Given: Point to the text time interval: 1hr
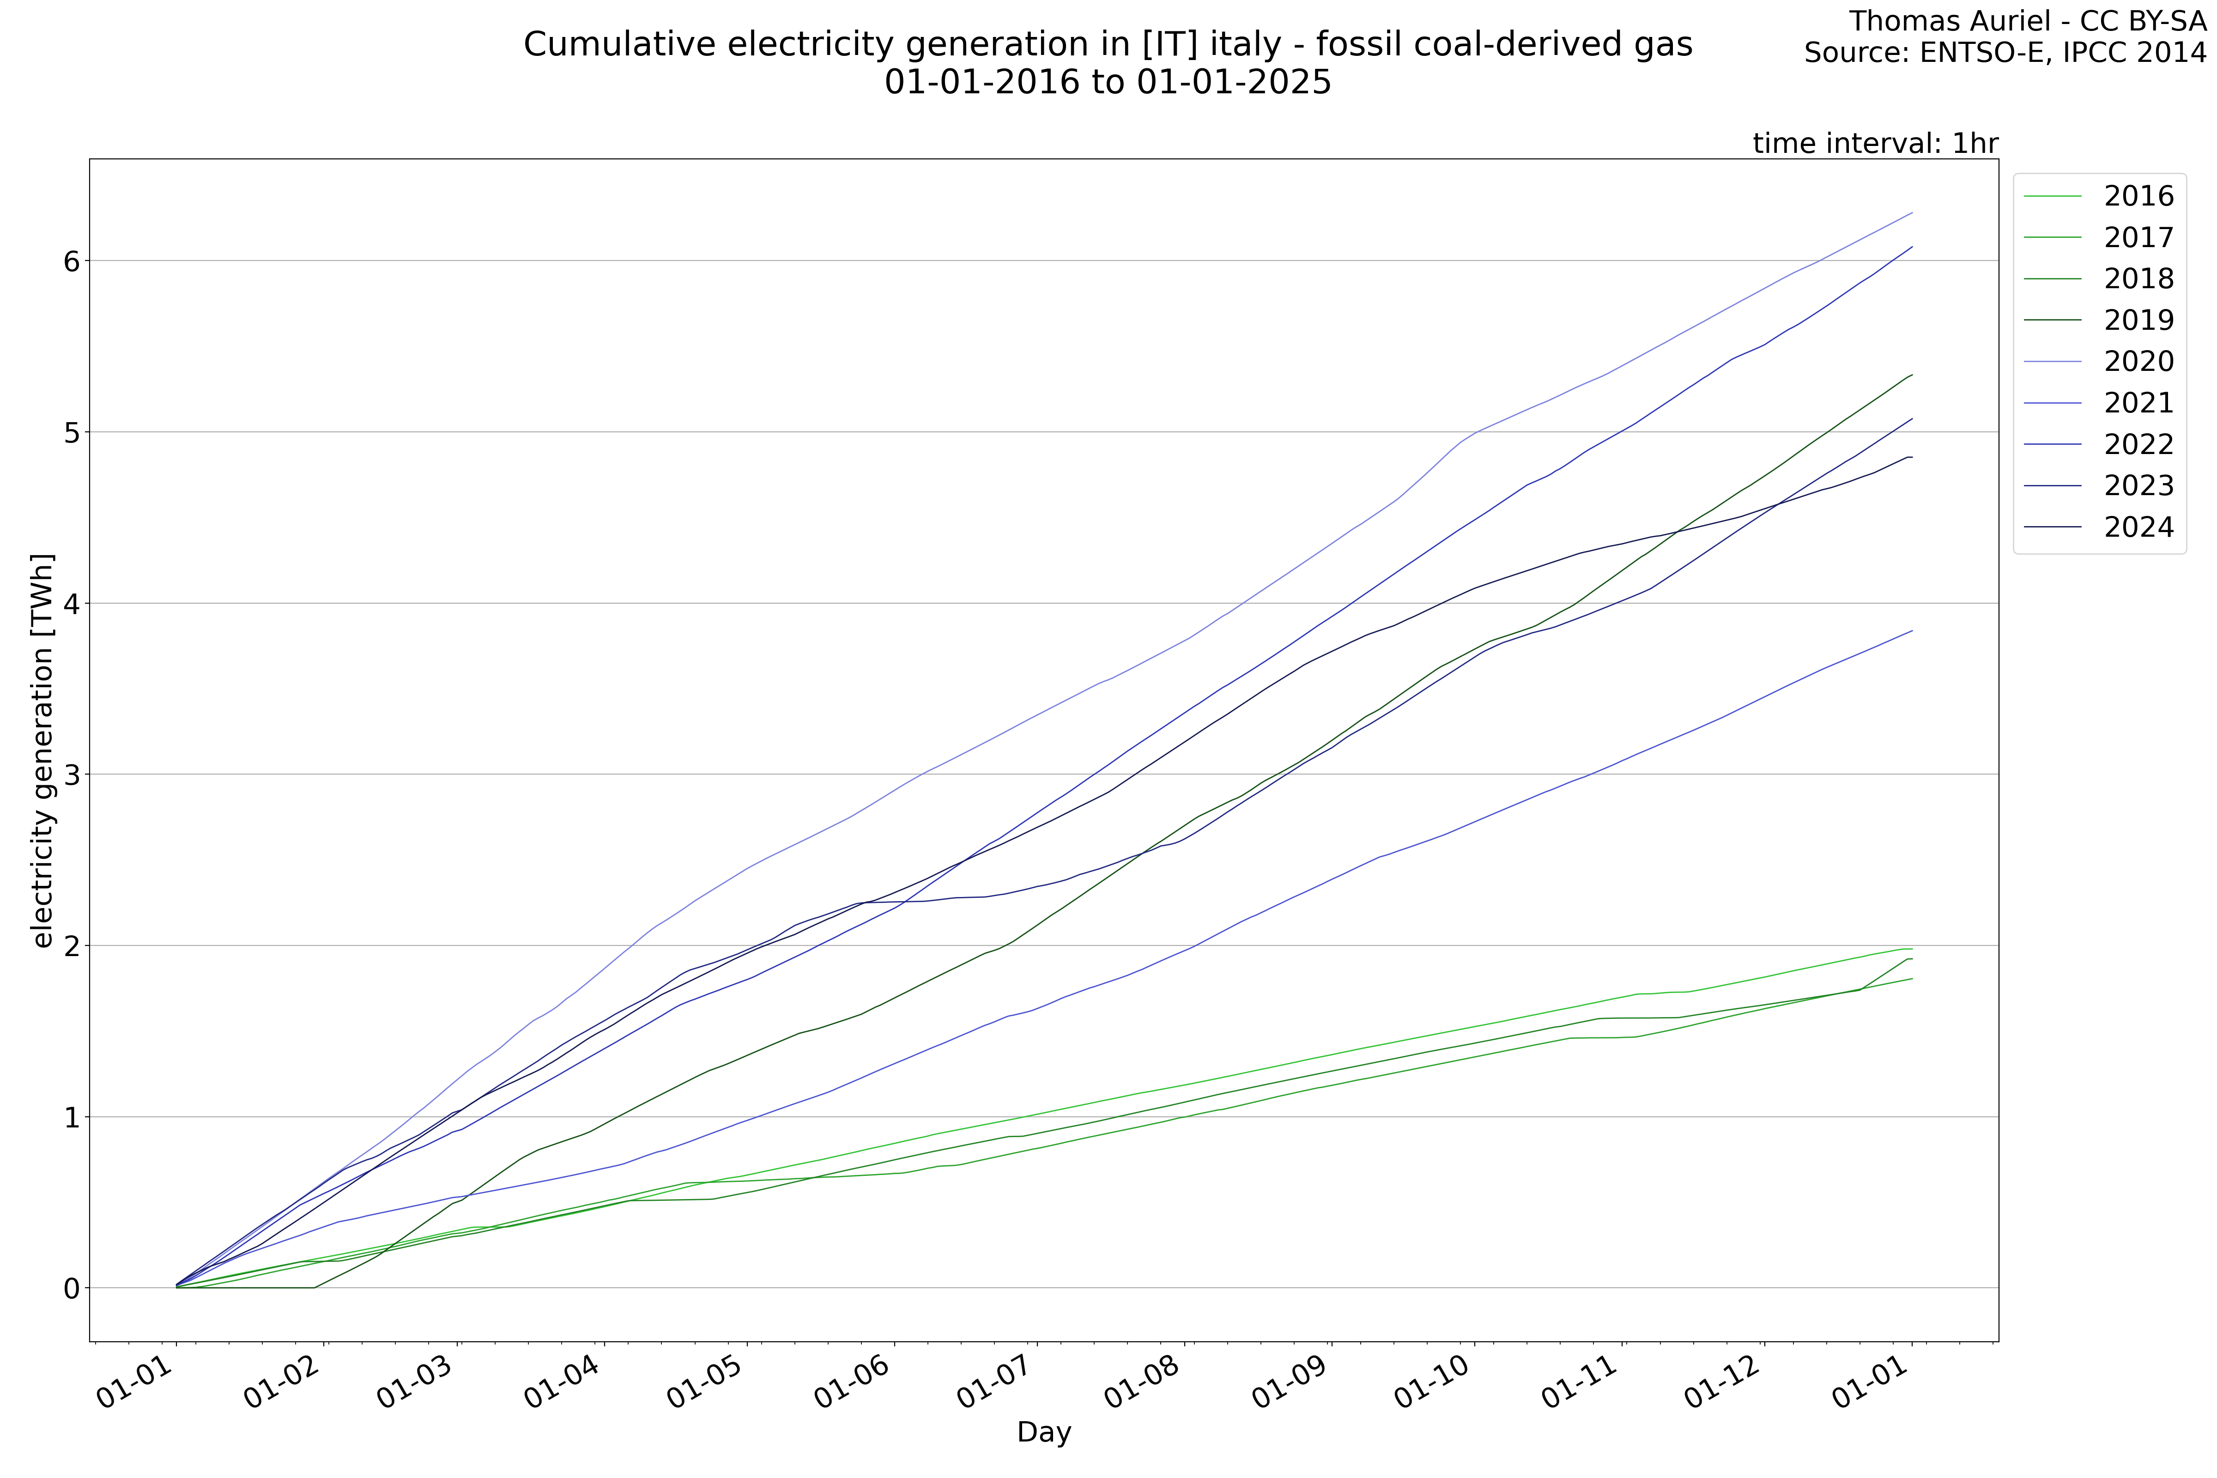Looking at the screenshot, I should tap(1875, 143).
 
